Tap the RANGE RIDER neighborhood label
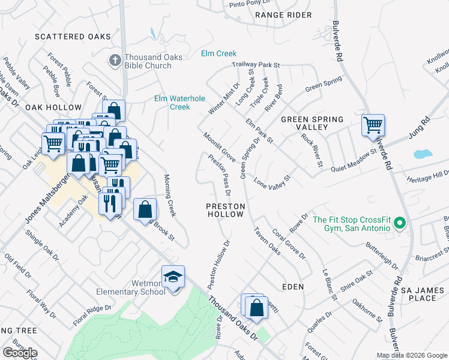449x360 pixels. point(283,14)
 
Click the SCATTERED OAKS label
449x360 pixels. point(73,37)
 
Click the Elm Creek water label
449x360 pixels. point(219,54)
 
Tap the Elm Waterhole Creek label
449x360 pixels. point(180,103)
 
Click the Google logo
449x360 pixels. point(20,353)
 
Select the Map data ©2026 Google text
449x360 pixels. point(412,355)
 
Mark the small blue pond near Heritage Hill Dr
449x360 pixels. point(423,154)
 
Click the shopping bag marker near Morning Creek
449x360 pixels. point(145,211)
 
